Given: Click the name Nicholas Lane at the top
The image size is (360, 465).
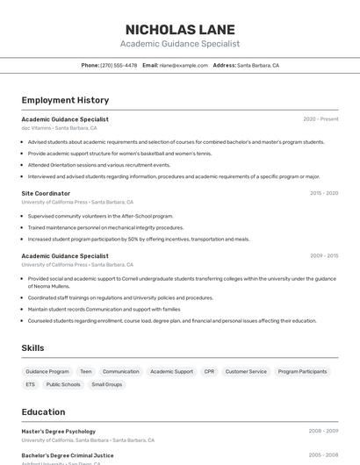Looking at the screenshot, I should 180,29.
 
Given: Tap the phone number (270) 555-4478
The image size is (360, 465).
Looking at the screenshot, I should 119,65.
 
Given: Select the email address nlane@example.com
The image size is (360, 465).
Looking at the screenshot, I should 176,65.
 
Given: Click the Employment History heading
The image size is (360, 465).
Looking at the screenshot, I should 65,100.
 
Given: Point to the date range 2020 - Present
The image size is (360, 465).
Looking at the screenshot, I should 320,119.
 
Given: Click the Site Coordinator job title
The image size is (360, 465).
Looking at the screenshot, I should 46,193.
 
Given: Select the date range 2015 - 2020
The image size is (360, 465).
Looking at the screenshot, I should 324,193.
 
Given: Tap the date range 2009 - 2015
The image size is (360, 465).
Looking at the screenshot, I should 324,256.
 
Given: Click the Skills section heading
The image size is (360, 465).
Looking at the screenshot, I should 32,348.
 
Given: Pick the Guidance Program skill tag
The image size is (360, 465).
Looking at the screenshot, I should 47,371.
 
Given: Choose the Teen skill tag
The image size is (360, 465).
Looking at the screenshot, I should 86,371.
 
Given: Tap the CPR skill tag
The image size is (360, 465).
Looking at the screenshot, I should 209,371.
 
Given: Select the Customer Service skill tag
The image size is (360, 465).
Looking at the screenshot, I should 246,371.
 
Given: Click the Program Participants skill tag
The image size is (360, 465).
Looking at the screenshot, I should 302,371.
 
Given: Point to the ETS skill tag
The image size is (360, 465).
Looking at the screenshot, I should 31,384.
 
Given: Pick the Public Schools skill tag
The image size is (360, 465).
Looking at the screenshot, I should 63,384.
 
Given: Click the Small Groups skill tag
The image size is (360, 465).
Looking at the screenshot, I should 107,384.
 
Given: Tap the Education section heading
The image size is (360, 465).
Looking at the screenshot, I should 43,411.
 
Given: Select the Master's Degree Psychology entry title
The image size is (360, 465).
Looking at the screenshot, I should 59,432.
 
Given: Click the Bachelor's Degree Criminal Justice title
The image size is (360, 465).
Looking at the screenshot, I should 68,455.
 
